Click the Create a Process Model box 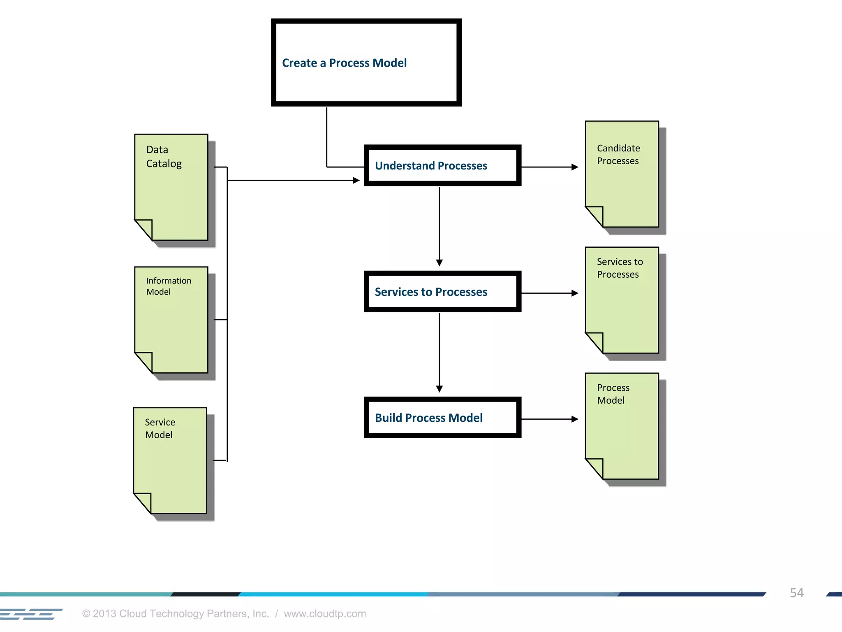coord(366,63)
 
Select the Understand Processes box coord(442,165)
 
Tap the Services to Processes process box coord(442,292)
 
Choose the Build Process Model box coord(442,418)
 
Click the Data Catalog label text coord(164,157)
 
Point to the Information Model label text coord(168,286)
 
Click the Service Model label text coord(160,428)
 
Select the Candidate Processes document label coord(618,154)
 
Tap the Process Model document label coord(613,394)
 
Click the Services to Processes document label coord(620,268)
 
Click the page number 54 coord(796,592)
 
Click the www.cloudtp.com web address coord(325,613)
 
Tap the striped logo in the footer coord(31,614)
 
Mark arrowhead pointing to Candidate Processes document coord(575,167)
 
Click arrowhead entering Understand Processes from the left coord(356,180)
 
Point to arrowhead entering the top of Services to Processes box coord(439,263)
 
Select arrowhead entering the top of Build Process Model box coord(439,388)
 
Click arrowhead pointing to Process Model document coord(575,419)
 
